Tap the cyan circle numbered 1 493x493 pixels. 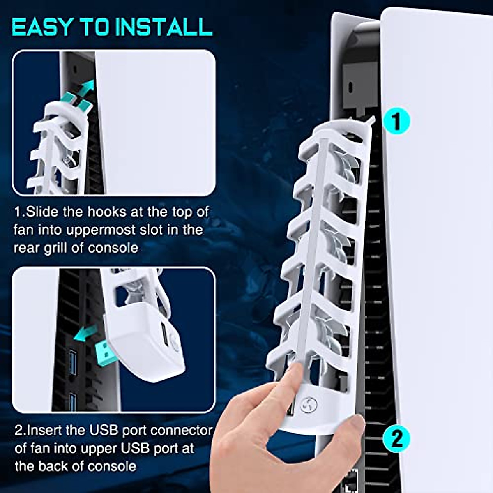click(x=396, y=121)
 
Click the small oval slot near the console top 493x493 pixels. click(x=350, y=87)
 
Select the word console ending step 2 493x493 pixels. click(x=112, y=466)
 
